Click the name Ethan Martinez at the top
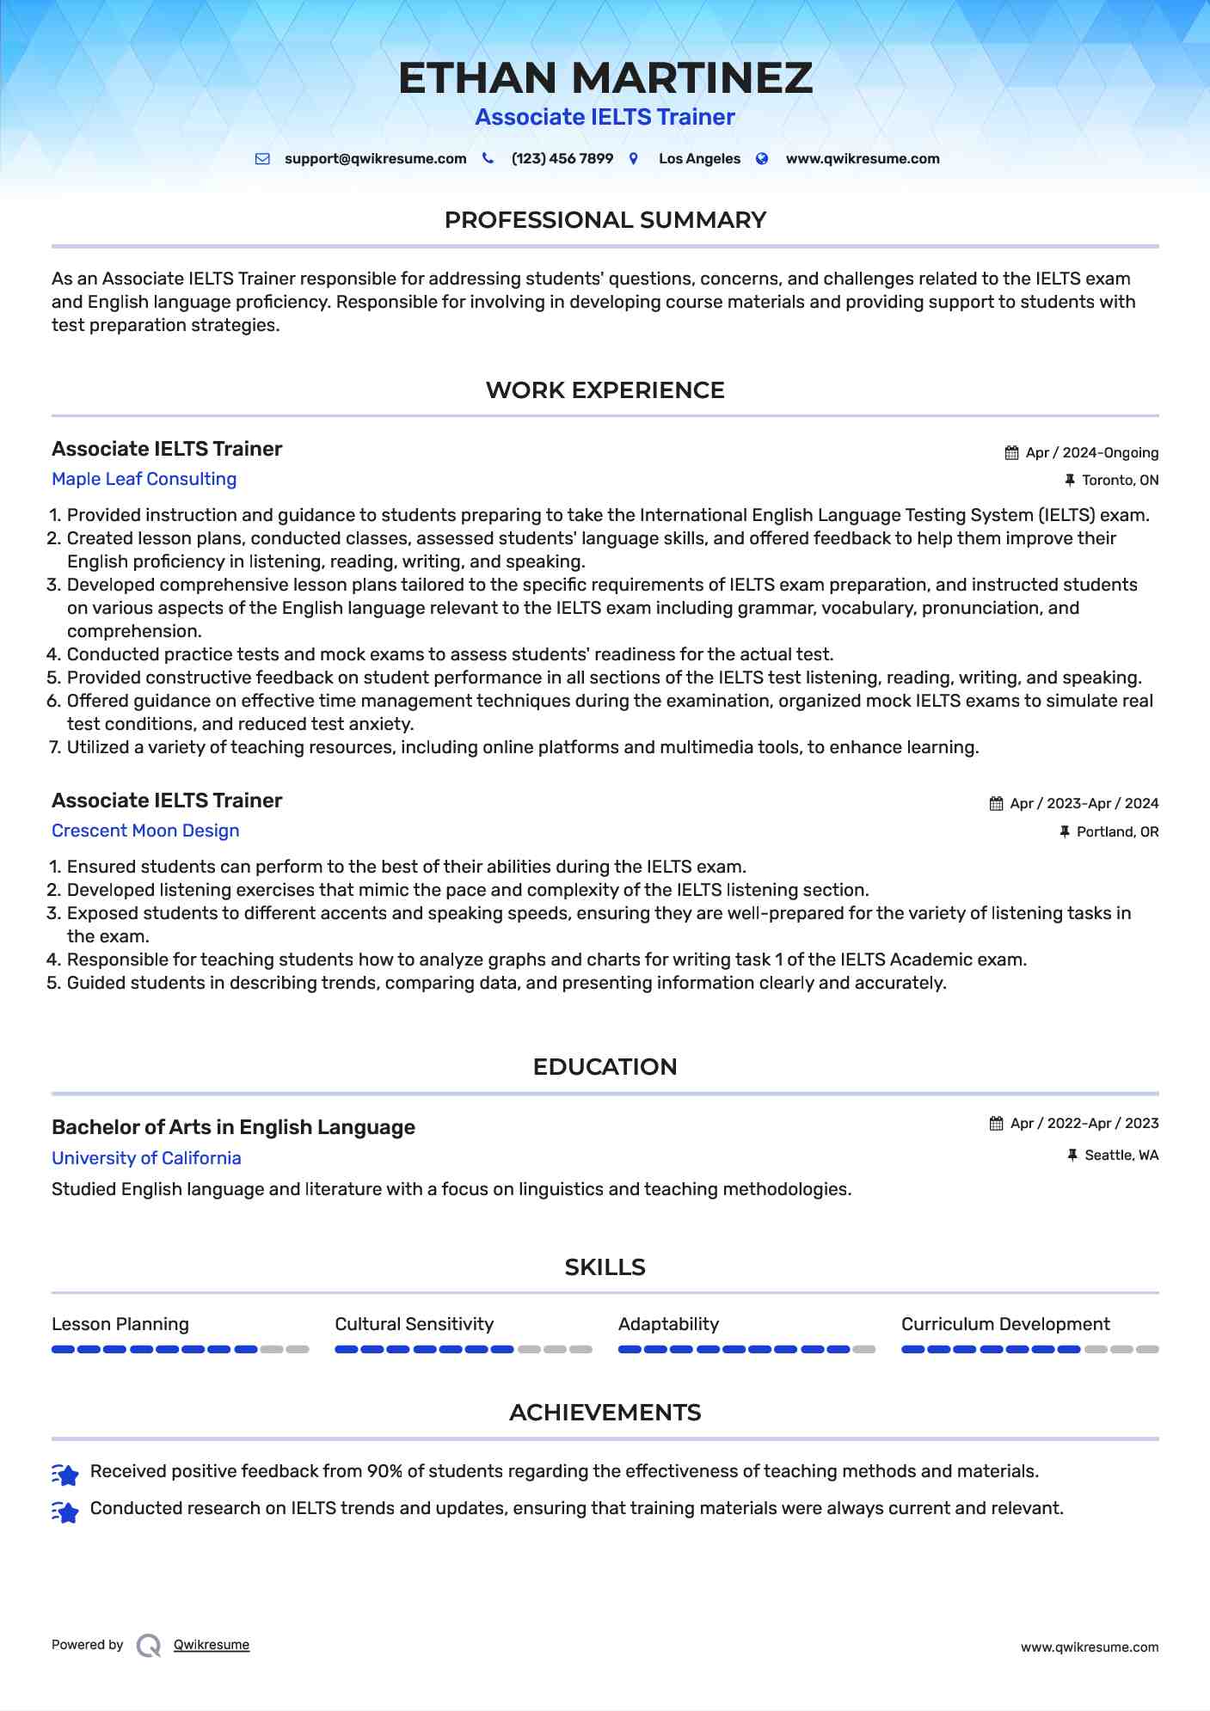point(605,78)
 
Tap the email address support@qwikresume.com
point(375,159)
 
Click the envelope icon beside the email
point(262,159)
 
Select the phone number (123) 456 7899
point(562,159)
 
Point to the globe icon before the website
point(762,159)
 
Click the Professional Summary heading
point(605,220)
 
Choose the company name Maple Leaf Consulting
point(144,479)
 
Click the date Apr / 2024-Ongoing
point(1092,453)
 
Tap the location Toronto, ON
point(1120,481)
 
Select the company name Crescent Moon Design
point(145,831)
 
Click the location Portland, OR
point(1117,832)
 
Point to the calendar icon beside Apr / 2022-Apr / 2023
point(996,1124)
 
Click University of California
point(146,1158)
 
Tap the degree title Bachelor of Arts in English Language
point(233,1127)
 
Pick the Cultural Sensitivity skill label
point(414,1324)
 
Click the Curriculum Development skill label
point(1005,1324)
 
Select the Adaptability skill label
point(668,1324)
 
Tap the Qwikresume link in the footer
point(212,1645)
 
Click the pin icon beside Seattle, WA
point(1072,1156)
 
